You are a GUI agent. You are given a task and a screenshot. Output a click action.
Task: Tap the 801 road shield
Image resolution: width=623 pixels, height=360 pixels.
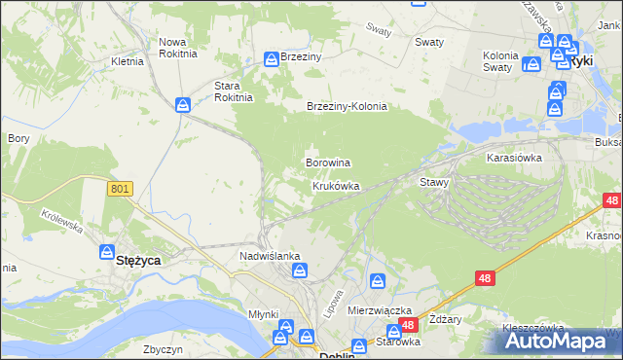click(x=120, y=190)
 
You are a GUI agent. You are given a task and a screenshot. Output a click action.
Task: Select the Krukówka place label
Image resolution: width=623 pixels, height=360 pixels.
click(x=336, y=185)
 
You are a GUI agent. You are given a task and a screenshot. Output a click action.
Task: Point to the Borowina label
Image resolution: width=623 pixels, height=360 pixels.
click(x=328, y=162)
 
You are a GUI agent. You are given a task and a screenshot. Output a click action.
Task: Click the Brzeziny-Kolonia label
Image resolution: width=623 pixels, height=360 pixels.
click(x=347, y=107)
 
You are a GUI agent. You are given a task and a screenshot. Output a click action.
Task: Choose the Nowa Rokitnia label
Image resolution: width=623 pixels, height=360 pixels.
click(x=178, y=48)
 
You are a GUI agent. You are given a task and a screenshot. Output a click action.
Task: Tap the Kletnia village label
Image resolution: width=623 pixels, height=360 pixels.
click(x=128, y=61)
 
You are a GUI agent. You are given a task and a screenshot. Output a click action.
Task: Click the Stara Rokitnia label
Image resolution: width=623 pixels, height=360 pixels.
click(x=234, y=90)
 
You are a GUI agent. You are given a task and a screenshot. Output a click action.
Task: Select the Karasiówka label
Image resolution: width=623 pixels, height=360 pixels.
click(x=514, y=157)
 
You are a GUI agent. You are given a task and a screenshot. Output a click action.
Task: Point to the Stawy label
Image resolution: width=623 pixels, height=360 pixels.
click(x=433, y=182)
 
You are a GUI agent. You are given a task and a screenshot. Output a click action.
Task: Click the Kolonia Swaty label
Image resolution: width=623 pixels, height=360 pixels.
click(x=506, y=61)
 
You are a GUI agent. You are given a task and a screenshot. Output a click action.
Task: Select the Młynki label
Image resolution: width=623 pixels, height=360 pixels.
click(x=263, y=314)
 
